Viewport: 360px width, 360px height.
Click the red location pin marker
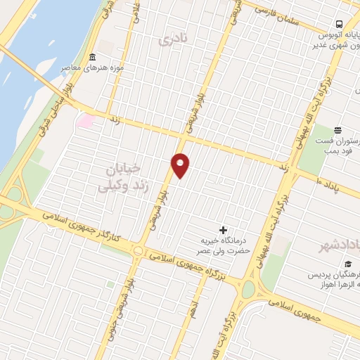click(x=181, y=165)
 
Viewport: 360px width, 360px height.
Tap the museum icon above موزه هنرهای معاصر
click(x=92, y=57)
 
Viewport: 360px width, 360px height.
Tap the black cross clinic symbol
click(x=224, y=230)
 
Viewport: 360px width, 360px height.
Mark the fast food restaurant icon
click(x=337, y=129)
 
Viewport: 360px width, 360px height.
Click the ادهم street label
click(x=195, y=306)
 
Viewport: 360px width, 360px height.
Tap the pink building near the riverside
click(x=86, y=120)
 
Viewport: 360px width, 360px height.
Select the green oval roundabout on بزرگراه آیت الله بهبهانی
click(x=248, y=288)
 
